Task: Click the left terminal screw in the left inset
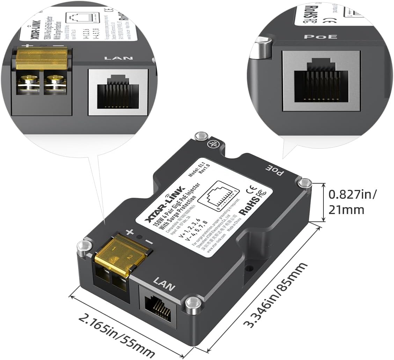pyautogui.click(x=28, y=82)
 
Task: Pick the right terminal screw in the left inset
pyautogui.click(x=55, y=82)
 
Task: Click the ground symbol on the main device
pyautogui.click(x=211, y=143)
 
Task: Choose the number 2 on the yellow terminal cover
pyautogui.click(x=130, y=258)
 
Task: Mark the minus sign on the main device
pyautogui.click(x=149, y=242)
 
